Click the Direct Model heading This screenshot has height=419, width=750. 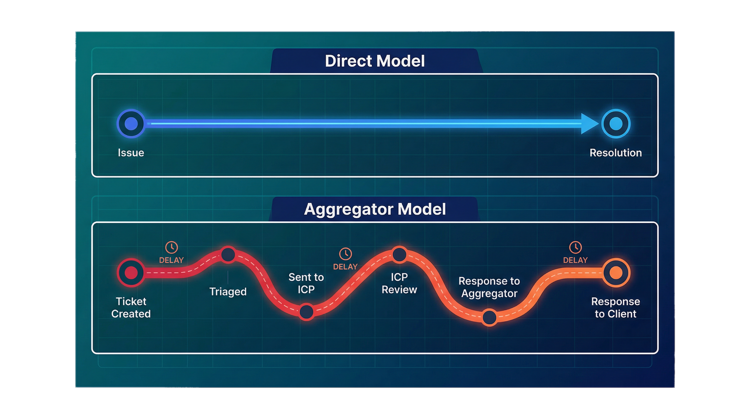click(x=375, y=61)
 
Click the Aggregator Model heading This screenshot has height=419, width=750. click(x=375, y=209)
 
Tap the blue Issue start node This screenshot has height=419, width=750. click(x=131, y=124)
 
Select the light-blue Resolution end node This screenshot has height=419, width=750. click(x=616, y=124)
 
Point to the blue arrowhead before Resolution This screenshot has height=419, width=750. click(x=589, y=124)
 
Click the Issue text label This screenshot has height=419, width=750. click(x=131, y=153)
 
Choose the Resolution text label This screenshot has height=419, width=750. click(x=615, y=153)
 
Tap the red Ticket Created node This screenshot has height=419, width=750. click(x=131, y=273)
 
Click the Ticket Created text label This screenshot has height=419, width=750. click(x=131, y=307)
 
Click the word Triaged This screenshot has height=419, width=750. click(x=228, y=291)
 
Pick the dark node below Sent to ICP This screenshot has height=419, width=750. click(x=306, y=312)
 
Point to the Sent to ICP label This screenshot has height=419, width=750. click(x=306, y=283)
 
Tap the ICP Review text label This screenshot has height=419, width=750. click(x=399, y=283)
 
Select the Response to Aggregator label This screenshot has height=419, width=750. click(x=489, y=287)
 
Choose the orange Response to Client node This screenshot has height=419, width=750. click(x=616, y=273)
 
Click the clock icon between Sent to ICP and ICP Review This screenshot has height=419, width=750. click(x=346, y=254)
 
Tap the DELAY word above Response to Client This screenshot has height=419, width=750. click(x=575, y=260)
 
